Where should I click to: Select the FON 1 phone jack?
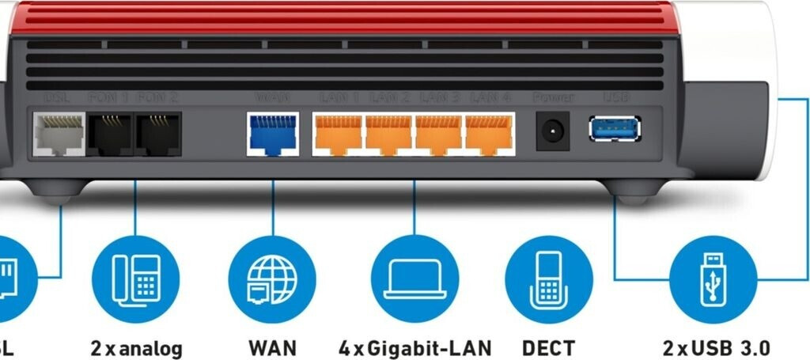(109, 134)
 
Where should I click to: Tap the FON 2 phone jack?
(157, 134)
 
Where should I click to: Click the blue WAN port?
(273, 134)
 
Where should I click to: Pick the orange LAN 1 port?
(338, 134)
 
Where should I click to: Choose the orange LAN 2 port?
(388, 134)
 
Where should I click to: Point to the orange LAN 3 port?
(439, 134)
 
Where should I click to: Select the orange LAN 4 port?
(489, 134)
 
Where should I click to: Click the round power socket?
(552, 131)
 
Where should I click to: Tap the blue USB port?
(615, 129)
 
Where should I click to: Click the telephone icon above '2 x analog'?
(135, 278)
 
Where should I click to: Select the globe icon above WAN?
(272, 278)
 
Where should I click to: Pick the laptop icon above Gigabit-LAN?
(414, 278)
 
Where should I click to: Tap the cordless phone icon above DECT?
(548, 278)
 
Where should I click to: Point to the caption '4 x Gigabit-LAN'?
(414, 347)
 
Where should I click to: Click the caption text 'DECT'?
(548, 347)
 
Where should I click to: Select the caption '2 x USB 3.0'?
(715, 347)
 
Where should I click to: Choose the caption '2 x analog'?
(136, 347)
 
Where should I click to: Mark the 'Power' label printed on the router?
(552, 98)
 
